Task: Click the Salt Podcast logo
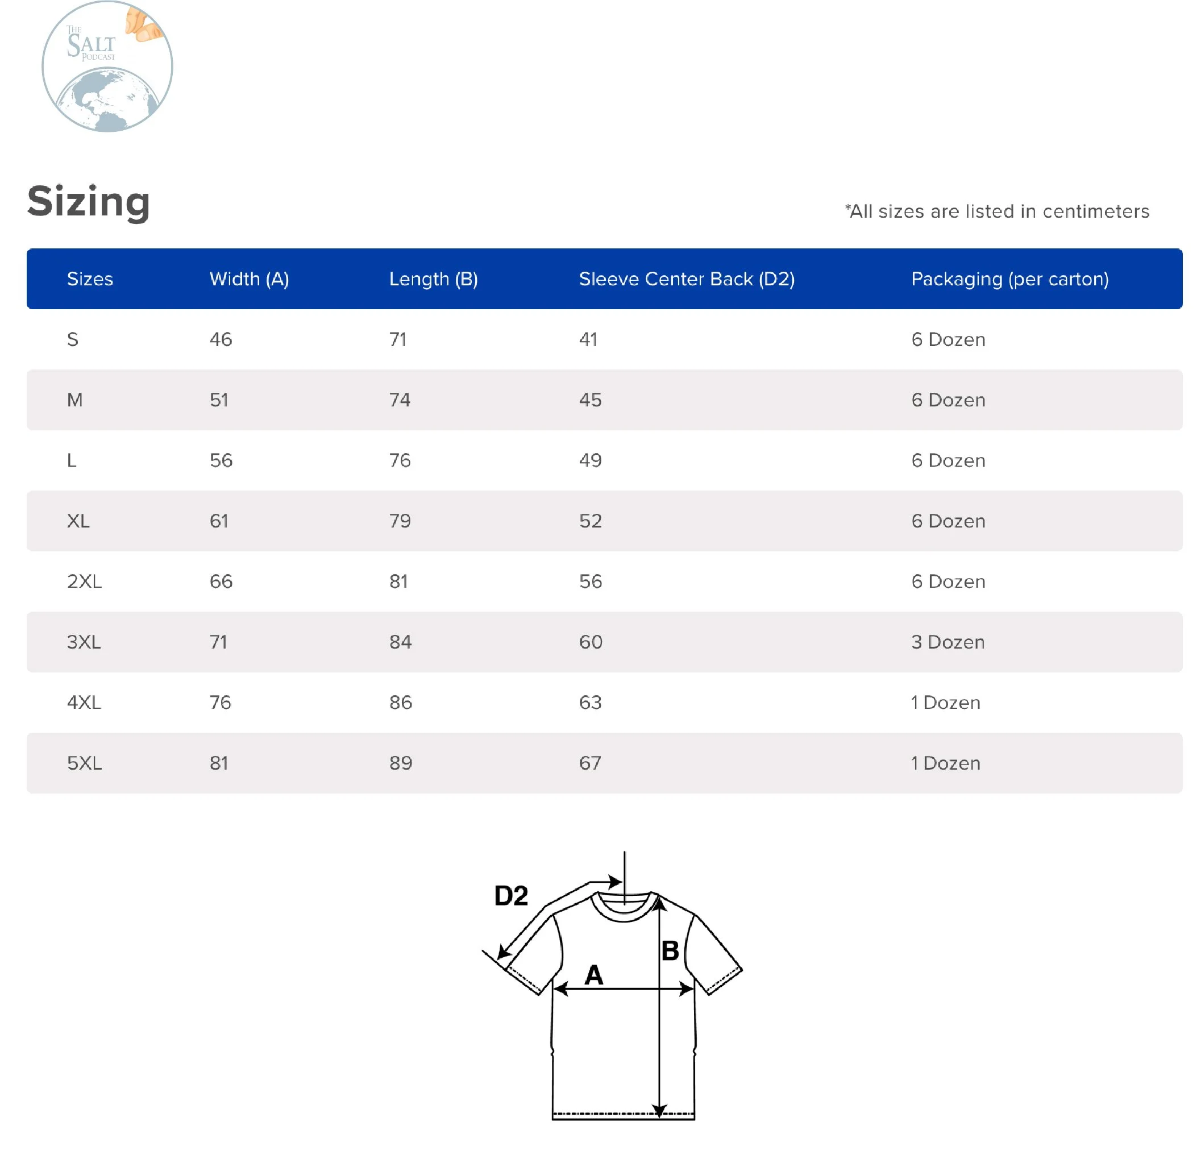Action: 107,66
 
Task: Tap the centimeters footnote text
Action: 997,211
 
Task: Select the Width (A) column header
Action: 249,279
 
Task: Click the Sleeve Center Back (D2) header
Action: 686,279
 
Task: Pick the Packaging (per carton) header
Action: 1009,279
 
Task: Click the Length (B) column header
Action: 433,279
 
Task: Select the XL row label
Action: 78,521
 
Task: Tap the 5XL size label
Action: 84,763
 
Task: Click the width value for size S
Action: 221,339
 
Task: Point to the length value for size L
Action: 400,460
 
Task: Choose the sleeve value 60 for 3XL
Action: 590,642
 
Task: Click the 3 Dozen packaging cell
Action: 947,642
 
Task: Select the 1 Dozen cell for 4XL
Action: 945,702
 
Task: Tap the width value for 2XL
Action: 221,581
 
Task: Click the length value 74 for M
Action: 400,400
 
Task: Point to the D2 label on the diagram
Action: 510,895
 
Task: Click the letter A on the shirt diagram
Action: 593,974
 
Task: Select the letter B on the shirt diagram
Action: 670,950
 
